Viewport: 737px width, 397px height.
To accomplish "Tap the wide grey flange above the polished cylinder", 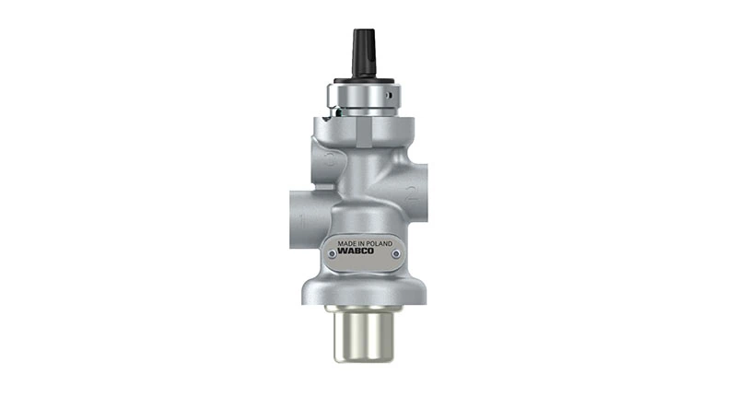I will coord(363,294).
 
